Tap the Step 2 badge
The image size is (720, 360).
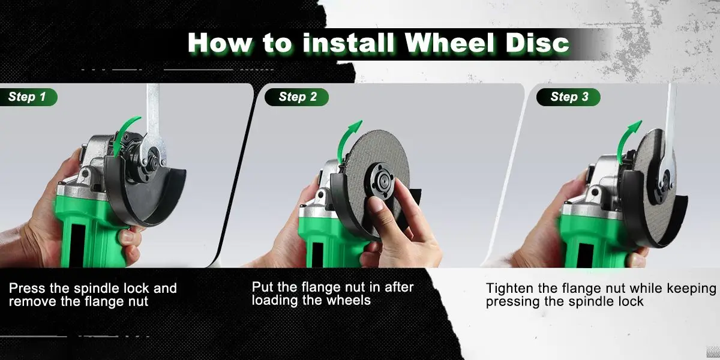[x=298, y=97]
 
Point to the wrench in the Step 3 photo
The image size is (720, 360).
[x=670, y=120]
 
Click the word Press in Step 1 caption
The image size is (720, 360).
[x=27, y=289]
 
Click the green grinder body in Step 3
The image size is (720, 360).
[x=591, y=240]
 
